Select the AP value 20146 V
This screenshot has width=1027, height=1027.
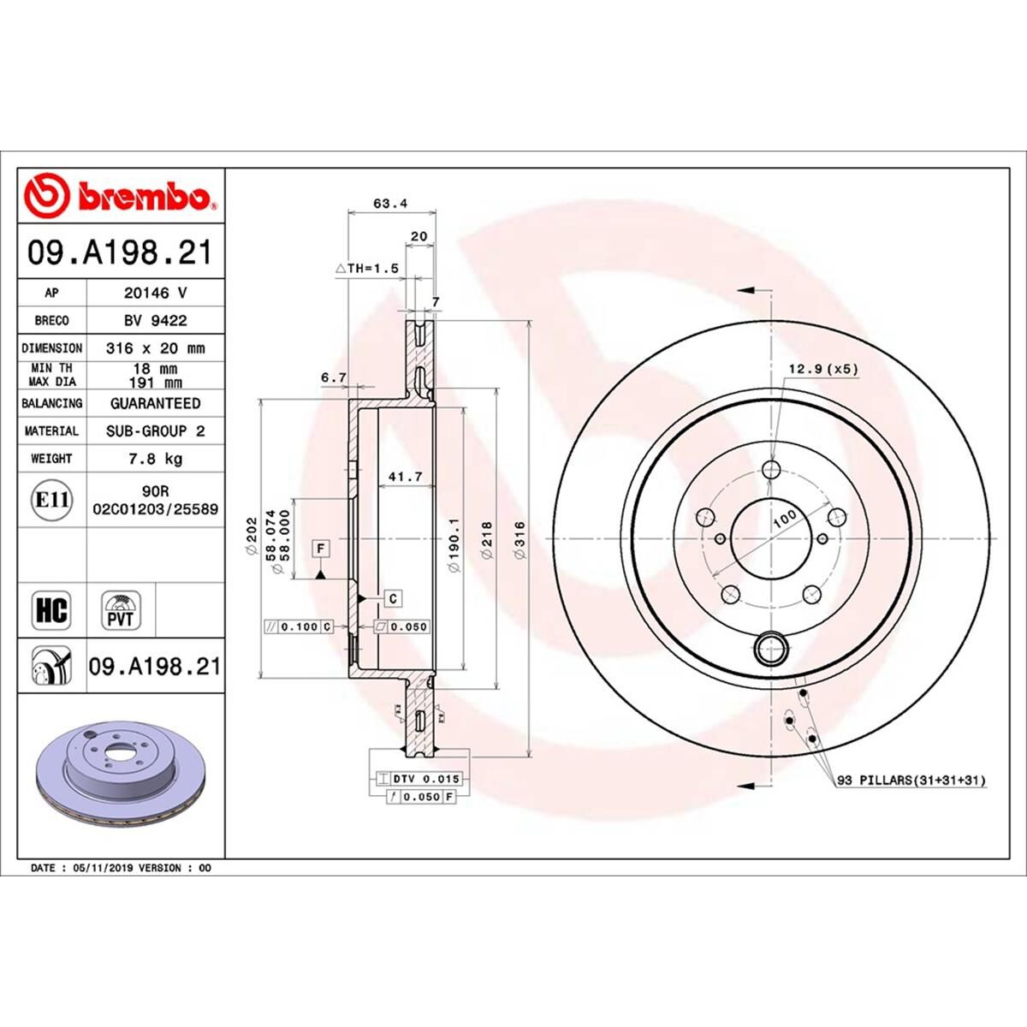155,293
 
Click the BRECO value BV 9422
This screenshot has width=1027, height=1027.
155,320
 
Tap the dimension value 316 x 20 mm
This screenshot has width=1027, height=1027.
155,348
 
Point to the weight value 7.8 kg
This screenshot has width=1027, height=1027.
155,459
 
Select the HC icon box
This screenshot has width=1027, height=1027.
51,609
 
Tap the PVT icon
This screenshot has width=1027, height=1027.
121,609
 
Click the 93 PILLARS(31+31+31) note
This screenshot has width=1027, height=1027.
911,781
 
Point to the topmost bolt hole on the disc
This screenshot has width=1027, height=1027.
772,469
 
